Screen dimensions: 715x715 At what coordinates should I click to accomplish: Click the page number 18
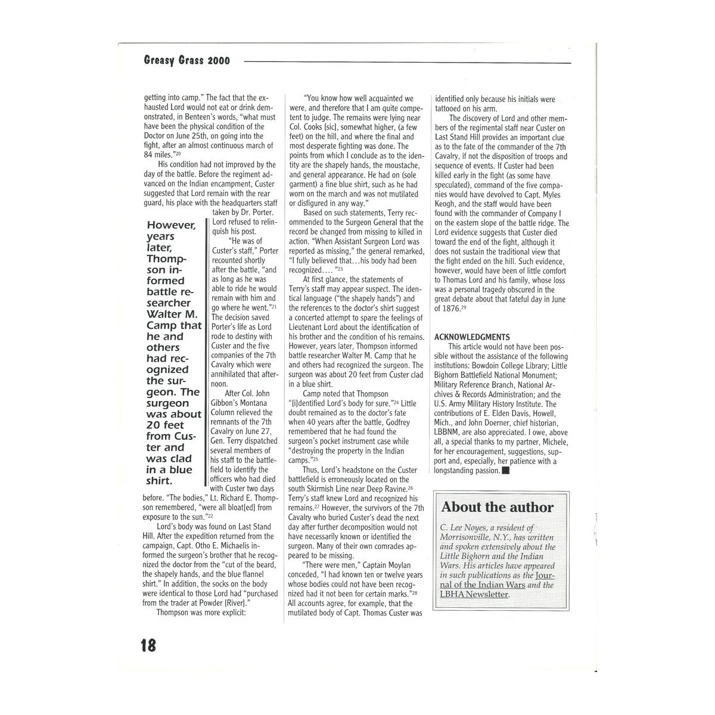(x=148, y=645)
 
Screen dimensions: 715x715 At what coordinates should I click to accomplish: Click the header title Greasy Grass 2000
(x=186, y=60)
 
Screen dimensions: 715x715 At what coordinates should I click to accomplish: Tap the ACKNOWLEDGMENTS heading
(x=472, y=337)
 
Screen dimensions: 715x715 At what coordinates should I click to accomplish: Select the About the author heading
(x=498, y=508)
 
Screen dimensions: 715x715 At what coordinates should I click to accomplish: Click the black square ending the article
(x=506, y=471)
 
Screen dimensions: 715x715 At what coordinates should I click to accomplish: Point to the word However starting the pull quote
(x=171, y=225)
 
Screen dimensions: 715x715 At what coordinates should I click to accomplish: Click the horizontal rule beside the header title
(x=408, y=62)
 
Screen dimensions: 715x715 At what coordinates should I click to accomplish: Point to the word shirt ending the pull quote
(x=160, y=481)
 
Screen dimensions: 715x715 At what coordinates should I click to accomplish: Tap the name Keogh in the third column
(x=448, y=204)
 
